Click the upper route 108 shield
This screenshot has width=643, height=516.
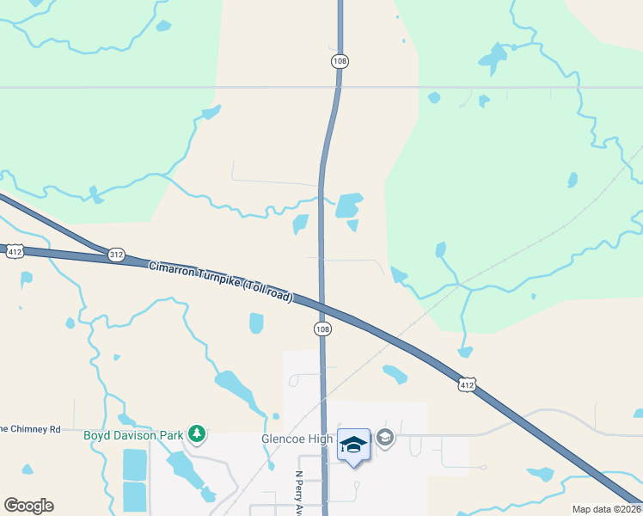point(340,61)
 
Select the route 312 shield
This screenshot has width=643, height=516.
point(117,255)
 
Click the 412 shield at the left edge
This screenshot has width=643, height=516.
point(14,252)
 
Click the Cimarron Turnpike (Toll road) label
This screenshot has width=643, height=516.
point(221,281)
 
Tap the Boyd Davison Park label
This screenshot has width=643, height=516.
point(133,435)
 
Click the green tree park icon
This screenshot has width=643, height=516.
point(198,434)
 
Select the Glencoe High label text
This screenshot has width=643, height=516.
point(297,439)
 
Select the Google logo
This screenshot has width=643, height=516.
point(28,506)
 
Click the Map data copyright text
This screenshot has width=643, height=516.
point(606,509)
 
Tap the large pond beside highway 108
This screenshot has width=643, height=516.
point(348,206)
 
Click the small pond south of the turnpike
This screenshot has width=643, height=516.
point(256,323)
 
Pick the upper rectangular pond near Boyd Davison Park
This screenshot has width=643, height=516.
point(135,464)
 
